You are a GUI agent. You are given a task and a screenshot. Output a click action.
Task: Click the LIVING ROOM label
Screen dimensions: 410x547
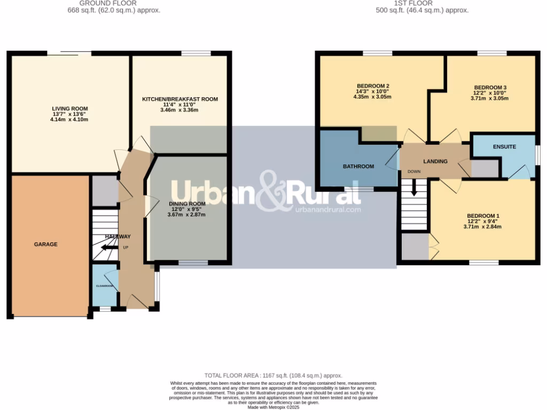(70, 108)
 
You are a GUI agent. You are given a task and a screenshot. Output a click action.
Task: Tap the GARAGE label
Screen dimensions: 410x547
(45, 244)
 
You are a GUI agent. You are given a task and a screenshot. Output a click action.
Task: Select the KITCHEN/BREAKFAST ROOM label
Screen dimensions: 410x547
(179, 99)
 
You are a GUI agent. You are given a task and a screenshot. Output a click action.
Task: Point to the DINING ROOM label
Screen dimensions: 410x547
(187, 204)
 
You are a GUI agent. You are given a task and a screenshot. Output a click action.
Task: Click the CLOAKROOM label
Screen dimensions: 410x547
(105, 286)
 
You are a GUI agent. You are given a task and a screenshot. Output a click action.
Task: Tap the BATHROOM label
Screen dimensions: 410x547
(358, 167)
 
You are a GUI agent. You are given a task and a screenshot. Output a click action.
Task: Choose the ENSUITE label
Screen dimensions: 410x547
(504, 146)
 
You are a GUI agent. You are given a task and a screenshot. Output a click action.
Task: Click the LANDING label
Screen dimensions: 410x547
(435, 161)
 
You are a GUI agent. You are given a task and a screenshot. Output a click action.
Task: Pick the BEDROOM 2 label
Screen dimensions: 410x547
(372, 86)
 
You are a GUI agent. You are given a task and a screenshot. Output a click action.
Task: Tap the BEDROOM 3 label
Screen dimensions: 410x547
(490, 88)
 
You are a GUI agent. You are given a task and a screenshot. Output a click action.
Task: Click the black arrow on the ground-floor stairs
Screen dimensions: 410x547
(109, 247)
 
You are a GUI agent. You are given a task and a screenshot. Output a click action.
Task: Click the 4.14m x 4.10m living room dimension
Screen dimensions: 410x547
(70, 120)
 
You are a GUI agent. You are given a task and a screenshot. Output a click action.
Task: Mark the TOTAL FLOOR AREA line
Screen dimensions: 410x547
(273, 376)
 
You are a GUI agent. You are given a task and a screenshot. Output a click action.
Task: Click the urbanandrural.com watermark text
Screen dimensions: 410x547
(327, 210)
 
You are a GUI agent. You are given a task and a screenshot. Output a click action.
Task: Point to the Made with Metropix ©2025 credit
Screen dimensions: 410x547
(273, 407)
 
